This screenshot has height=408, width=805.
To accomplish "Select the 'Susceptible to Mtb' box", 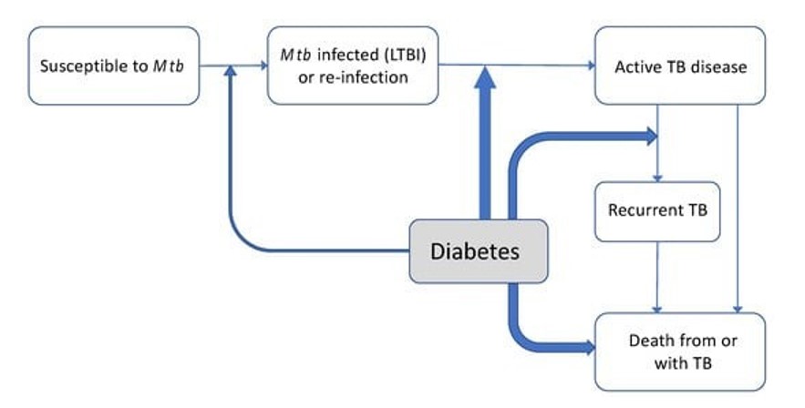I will click(x=114, y=66).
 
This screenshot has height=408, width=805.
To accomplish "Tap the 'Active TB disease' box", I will click(x=679, y=66).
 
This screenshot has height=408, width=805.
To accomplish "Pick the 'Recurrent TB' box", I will click(x=657, y=211).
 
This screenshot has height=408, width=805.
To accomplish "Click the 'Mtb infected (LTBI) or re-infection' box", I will click(x=353, y=66).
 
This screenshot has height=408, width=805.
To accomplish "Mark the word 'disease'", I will click(x=719, y=66).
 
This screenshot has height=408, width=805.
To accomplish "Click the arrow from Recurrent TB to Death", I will click(x=656, y=277).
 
